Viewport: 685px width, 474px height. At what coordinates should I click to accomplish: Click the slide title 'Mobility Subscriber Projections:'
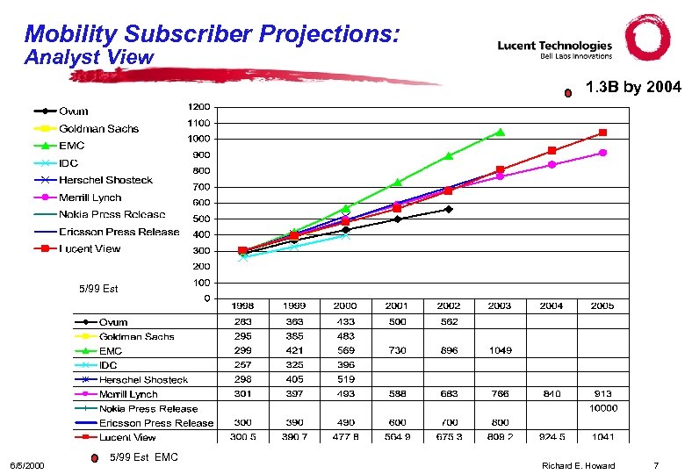pos(213,34)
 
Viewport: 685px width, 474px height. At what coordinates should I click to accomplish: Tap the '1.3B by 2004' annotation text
pos(632,88)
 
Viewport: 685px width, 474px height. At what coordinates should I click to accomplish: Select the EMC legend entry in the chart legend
pos(72,146)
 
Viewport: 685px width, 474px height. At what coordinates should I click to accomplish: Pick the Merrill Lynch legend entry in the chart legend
pos(90,197)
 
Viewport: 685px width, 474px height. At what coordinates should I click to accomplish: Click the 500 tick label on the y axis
pos(201,219)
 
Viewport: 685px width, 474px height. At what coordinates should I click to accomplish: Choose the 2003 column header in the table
pos(500,305)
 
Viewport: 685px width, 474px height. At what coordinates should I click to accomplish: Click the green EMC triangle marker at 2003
pos(500,132)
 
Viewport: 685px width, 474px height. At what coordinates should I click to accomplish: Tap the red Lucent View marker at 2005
pos(602,133)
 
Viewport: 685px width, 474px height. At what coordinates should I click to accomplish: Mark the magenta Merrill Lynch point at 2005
pos(602,153)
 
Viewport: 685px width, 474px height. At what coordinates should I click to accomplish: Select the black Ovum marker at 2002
pos(449,209)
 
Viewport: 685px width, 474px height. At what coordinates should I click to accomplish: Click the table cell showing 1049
pos(500,350)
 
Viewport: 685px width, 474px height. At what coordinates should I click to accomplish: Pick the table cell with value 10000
pos(602,407)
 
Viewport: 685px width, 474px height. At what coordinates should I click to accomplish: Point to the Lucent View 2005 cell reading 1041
pos(602,436)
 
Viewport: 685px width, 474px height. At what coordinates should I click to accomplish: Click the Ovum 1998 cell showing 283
pos(243,321)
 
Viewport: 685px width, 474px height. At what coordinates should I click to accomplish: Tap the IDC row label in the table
pos(108,365)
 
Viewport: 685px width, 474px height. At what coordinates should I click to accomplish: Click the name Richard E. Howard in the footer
pos(578,465)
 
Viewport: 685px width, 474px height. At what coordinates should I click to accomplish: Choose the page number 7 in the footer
pos(655,465)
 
